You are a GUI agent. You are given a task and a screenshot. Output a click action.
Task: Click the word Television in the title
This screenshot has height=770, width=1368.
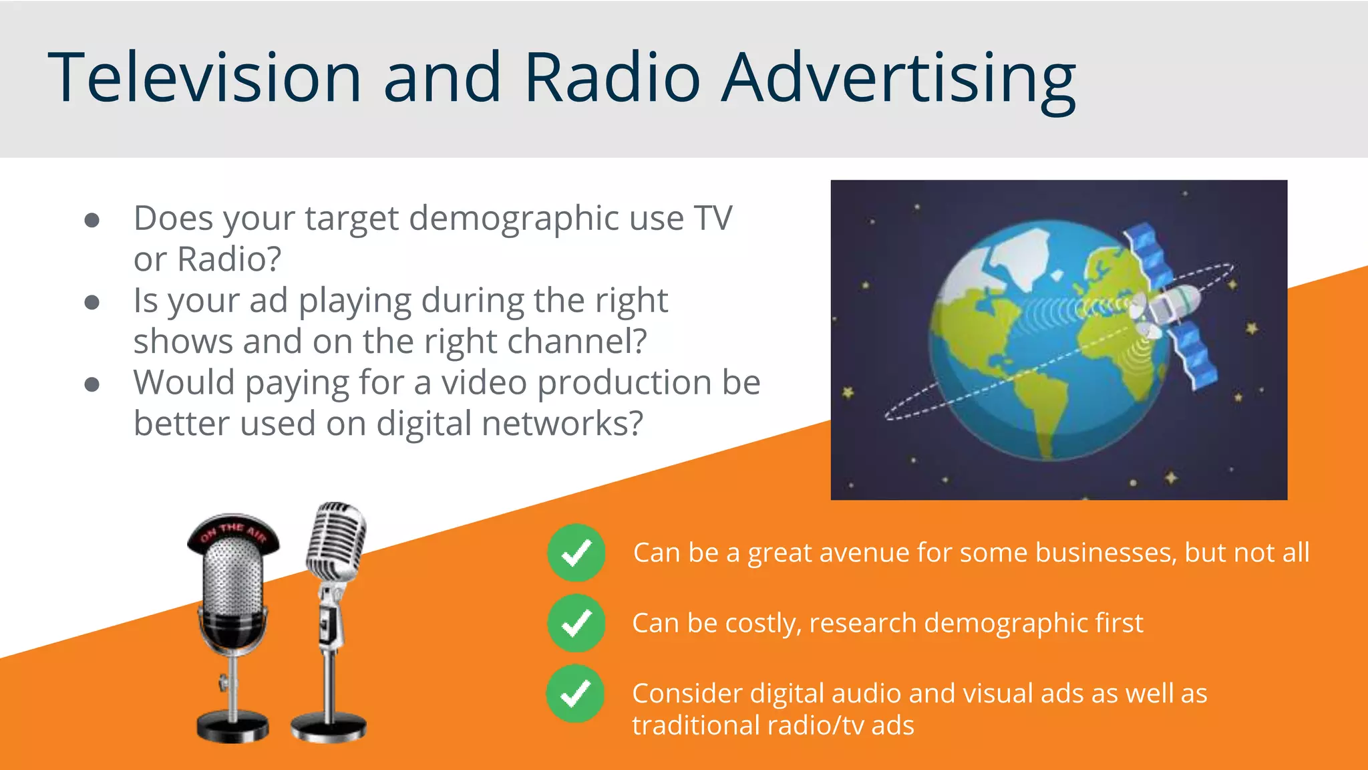click(204, 78)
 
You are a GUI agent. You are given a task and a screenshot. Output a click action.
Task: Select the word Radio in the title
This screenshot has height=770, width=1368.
click(612, 78)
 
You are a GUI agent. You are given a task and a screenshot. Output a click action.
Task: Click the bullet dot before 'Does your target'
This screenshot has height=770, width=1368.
click(92, 220)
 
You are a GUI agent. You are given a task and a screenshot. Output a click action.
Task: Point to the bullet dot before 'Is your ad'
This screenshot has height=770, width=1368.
click(92, 302)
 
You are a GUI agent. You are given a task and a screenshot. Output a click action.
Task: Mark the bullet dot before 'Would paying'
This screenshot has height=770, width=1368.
click(92, 384)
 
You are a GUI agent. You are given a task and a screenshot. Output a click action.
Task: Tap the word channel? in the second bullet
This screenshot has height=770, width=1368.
click(577, 342)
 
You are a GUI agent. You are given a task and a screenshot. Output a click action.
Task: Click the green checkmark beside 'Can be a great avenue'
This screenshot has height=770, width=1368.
click(576, 553)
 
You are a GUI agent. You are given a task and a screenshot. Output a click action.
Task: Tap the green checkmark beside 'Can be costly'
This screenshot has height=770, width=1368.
click(576, 623)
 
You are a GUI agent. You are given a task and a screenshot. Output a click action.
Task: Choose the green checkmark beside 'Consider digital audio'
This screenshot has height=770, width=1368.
click(575, 694)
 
